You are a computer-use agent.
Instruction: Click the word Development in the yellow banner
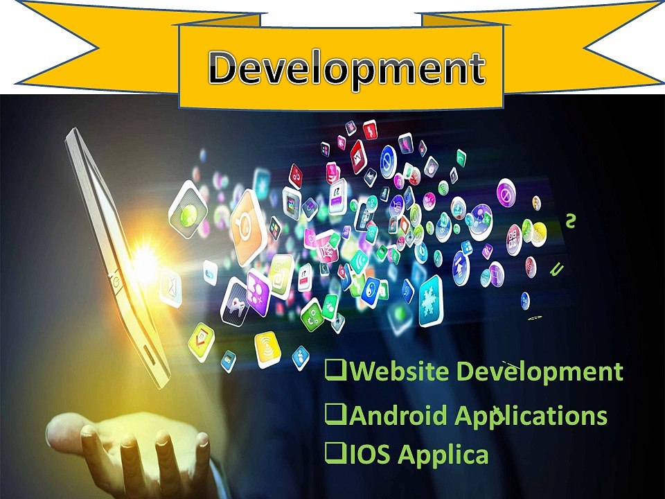click(x=347, y=69)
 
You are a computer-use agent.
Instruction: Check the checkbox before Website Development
click(x=335, y=371)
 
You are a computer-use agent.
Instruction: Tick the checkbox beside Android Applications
click(x=335, y=415)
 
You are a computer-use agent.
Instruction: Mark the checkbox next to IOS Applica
click(x=335, y=454)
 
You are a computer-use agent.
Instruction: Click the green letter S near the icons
click(x=570, y=220)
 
